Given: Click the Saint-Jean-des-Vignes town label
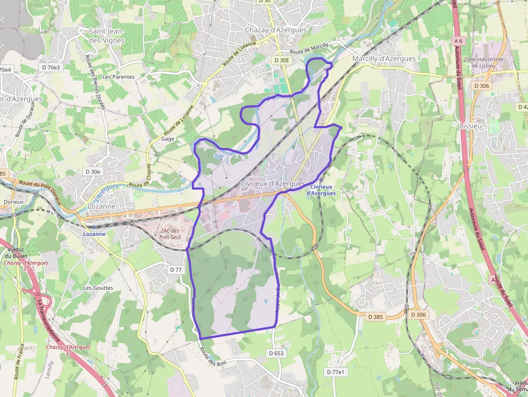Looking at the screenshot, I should click(x=107, y=36).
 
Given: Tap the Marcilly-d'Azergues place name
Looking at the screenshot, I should click(x=384, y=59).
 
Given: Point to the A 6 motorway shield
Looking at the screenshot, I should click(x=458, y=41).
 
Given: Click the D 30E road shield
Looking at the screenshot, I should click(x=282, y=61).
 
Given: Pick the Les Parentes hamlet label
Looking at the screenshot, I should click(x=119, y=77).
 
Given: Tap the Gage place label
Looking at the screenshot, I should click(x=167, y=138).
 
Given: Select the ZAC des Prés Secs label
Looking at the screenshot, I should click(x=170, y=234).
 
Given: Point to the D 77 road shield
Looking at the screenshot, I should click(x=176, y=269).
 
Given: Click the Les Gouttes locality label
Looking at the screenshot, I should click(x=98, y=288).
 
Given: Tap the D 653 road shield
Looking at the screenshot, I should click(x=275, y=353).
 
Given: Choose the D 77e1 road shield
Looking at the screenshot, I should click(x=335, y=372).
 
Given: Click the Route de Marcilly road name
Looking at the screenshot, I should click(x=309, y=50).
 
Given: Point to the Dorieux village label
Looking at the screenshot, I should click(x=13, y=201).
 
